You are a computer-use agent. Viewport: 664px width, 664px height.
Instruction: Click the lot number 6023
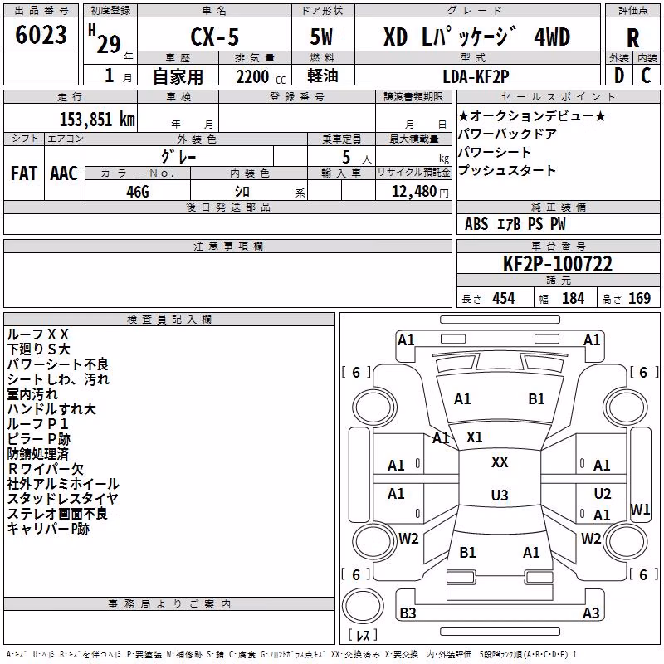(x=41, y=35)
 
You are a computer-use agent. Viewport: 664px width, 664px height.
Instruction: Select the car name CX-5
(x=215, y=37)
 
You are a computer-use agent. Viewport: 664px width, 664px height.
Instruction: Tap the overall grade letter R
(x=632, y=38)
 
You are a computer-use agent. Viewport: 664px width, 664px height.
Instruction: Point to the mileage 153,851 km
(x=97, y=120)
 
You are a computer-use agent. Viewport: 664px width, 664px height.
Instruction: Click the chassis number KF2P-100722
(x=558, y=264)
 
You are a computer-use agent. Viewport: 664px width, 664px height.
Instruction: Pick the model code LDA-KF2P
(x=476, y=76)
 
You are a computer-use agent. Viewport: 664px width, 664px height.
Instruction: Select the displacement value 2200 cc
(x=261, y=77)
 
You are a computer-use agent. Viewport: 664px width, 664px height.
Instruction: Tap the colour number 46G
(x=138, y=192)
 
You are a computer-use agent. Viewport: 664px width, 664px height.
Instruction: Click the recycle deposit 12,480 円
(x=420, y=192)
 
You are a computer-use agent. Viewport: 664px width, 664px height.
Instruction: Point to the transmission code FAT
(x=24, y=173)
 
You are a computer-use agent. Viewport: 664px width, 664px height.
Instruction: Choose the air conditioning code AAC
(x=64, y=173)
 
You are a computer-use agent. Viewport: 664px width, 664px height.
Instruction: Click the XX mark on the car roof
(x=500, y=462)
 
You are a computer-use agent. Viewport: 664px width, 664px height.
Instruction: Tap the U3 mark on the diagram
(x=500, y=495)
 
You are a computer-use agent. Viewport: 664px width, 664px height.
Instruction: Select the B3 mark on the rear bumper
(x=408, y=613)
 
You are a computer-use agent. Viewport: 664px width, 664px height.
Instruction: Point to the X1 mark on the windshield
(x=474, y=437)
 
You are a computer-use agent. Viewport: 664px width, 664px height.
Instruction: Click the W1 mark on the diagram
(x=640, y=509)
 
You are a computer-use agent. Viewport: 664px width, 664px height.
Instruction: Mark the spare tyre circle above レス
(x=363, y=606)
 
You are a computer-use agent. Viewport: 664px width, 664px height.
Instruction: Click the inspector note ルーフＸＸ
(x=37, y=334)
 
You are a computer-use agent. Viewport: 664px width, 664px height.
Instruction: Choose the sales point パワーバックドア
(x=507, y=134)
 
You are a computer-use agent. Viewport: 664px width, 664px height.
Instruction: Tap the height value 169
(x=639, y=298)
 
